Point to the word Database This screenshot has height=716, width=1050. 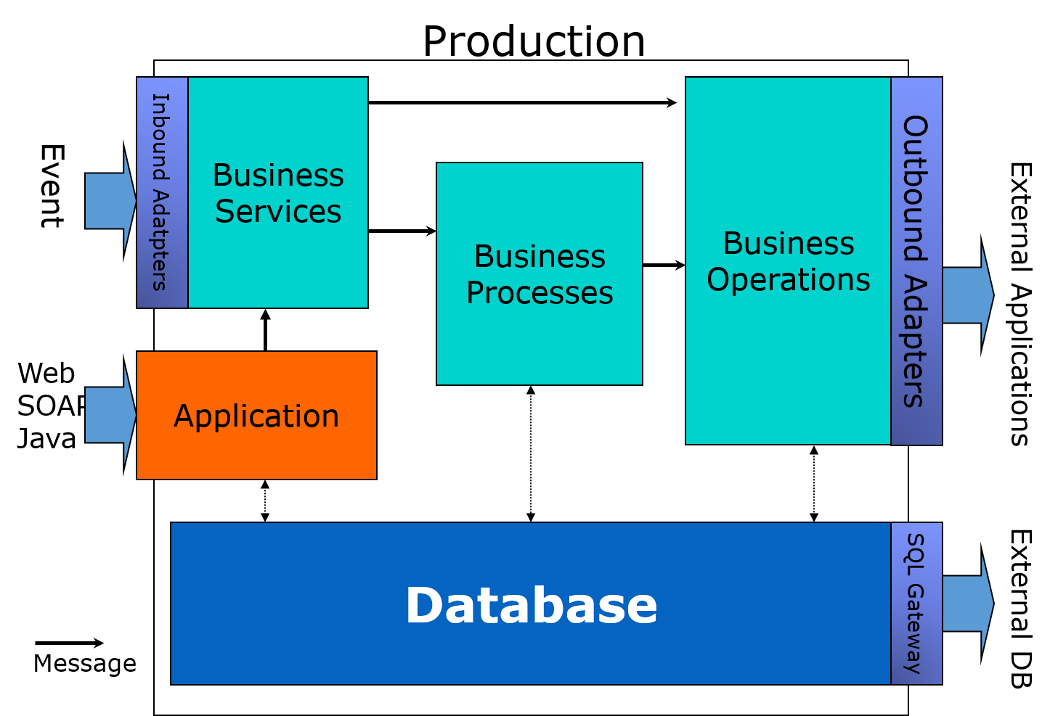531,606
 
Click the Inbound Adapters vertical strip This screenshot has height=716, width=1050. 162,192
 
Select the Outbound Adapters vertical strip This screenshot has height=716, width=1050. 916,261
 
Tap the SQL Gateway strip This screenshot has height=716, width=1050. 916,604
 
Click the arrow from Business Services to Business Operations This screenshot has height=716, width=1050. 523,103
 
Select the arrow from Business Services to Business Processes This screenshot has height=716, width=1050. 402,231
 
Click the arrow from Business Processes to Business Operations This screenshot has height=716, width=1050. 664,266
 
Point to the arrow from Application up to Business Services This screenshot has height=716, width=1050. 265,331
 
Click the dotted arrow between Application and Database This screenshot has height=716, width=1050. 265,501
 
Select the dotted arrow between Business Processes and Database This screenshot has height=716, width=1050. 531,453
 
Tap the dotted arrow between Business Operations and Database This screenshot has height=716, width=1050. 814,483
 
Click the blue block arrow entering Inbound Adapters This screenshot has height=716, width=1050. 109,201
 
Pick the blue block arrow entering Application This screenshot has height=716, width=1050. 109,415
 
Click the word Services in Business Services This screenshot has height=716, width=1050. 278,212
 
